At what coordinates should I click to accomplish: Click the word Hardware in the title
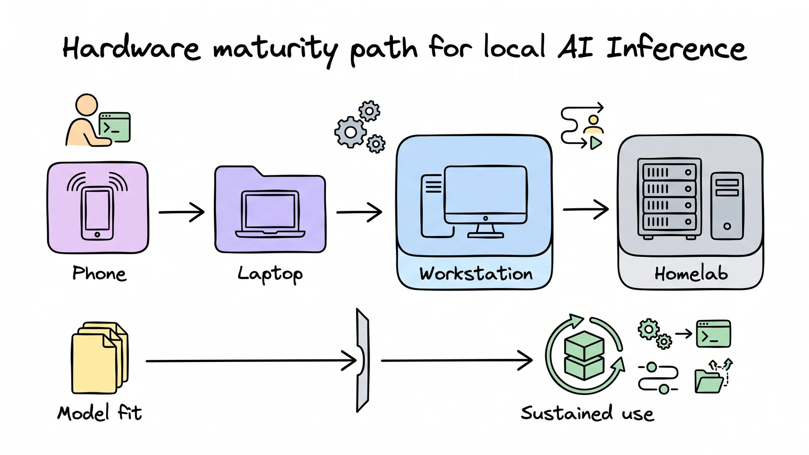point(131,48)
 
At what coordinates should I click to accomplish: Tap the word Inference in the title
point(676,48)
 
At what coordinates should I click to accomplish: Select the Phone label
point(99,274)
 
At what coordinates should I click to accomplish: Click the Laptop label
point(270,275)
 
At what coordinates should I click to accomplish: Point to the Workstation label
point(476,274)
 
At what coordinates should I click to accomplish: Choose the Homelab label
point(691,274)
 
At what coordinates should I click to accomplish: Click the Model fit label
point(100,413)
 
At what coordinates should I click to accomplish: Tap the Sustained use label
point(587,414)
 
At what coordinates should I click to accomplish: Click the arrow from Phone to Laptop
point(182,212)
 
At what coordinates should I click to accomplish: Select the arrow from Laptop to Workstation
point(359,212)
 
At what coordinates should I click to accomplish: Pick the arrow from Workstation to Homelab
point(586,209)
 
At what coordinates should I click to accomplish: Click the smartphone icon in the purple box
point(97,213)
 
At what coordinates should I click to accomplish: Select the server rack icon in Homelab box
point(669,199)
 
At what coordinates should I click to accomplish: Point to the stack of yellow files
point(99,357)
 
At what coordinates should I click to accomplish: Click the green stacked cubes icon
point(584,355)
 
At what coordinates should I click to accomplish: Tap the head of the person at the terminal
point(86,105)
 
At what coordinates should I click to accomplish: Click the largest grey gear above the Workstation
point(350,132)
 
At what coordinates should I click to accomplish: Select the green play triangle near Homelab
point(596,144)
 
